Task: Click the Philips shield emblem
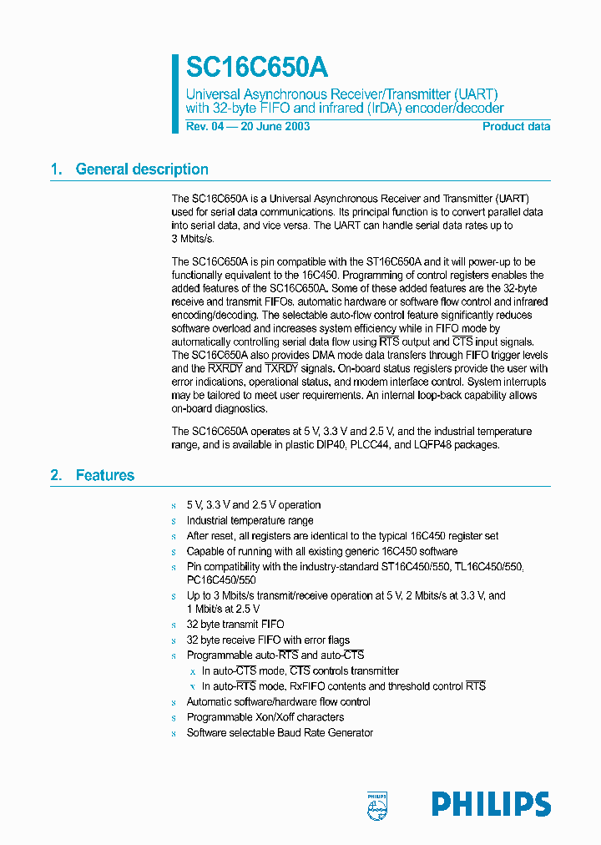coord(377,803)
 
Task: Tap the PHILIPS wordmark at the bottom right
coord(491,804)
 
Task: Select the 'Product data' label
coord(516,127)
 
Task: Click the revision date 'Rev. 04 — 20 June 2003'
coord(248,127)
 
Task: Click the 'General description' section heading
coord(142,170)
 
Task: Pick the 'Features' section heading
coord(104,476)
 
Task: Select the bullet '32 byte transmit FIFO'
coord(235,625)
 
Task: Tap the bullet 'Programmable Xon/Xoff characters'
coord(265,717)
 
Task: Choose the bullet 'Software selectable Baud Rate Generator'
coord(279,733)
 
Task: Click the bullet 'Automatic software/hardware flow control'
coord(278,702)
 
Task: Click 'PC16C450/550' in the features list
coord(220,579)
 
